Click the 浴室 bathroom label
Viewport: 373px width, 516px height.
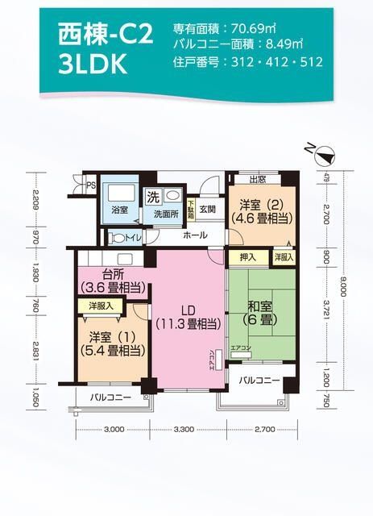click(120, 214)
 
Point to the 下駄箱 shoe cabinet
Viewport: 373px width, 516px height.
click(191, 210)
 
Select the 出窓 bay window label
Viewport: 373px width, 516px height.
click(258, 179)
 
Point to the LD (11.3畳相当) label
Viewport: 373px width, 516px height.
click(187, 318)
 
